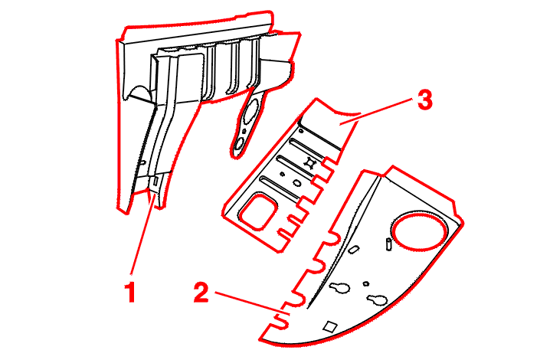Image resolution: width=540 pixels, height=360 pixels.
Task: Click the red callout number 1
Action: [x=130, y=292]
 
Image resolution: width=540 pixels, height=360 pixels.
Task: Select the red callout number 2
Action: [x=201, y=292]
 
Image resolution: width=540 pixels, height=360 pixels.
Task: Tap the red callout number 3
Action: [x=424, y=100]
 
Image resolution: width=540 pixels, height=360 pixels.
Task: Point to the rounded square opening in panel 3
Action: [x=259, y=212]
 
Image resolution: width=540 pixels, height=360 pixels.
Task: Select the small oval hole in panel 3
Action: [x=297, y=183]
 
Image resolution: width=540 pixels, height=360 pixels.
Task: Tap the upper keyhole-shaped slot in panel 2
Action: [x=340, y=288]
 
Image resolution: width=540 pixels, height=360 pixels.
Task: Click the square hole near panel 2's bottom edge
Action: [x=331, y=326]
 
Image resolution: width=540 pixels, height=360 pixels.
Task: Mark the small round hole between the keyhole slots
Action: [x=366, y=284]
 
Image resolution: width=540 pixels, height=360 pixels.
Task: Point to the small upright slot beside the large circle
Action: [x=388, y=244]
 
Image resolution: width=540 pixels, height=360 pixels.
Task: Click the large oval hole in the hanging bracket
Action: [x=250, y=111]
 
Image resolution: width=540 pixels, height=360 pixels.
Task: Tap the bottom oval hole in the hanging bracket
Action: [x=239, y=143]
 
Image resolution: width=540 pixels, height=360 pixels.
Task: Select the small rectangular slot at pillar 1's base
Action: [x=155, y=182]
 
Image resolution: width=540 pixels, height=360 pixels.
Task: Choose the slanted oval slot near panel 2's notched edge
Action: [x=353, y=249]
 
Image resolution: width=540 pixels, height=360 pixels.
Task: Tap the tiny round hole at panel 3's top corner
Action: [x=301, y=131]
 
